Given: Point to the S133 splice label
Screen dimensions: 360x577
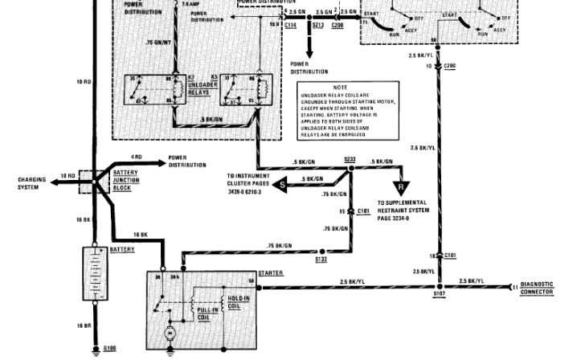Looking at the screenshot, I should (x=320, y=259).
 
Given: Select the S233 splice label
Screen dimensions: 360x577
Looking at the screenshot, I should (x=349, y=159).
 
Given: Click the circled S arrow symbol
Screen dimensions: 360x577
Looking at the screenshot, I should (x=282, y=185).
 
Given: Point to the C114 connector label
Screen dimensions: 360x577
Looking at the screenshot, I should (x=289, y=25).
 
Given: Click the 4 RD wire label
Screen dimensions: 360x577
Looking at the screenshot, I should (x=137, y=157).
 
